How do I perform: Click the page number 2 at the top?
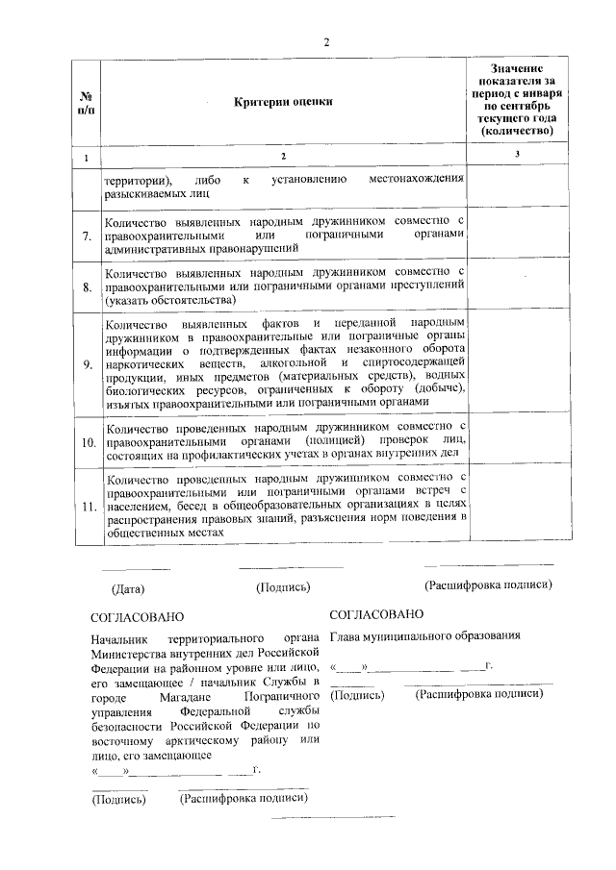coord(326,42)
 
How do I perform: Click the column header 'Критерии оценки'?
coord(282,103)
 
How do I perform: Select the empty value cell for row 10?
coord(520,439)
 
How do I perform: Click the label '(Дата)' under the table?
coord(128,588)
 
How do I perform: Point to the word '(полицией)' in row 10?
coord(347,439)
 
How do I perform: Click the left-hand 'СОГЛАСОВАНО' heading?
coord(137,616)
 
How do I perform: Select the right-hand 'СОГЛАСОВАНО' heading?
coord(375,612)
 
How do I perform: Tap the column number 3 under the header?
coord(518,157)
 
